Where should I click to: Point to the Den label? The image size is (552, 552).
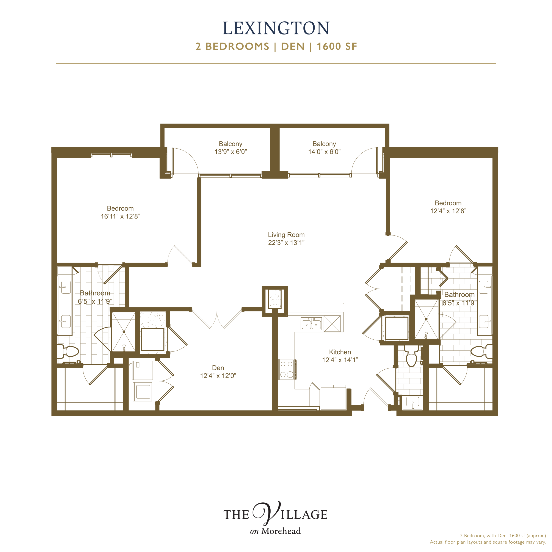pos(218,368)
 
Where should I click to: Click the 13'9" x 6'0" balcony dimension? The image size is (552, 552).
pos(231,152)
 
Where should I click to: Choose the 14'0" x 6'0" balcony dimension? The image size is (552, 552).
pos(324,152)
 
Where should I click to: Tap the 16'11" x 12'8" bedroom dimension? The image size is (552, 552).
pos(120,216)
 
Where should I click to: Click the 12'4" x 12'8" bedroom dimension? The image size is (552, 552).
pos(448,211)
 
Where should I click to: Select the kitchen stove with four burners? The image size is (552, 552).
pos(287,369)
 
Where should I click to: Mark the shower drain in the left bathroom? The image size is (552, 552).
pos(124,332)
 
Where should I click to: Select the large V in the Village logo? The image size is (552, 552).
pos(267,513)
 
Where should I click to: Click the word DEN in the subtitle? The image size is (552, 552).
pos(293,46)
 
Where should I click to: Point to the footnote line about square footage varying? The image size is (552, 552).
pos(488,542)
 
